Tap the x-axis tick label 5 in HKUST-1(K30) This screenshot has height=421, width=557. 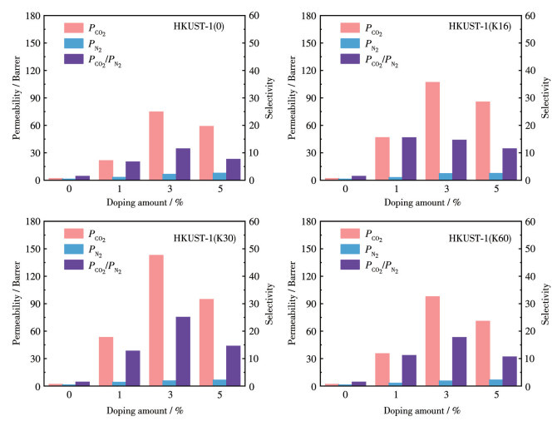pyautogui.click(x=219, y=397)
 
